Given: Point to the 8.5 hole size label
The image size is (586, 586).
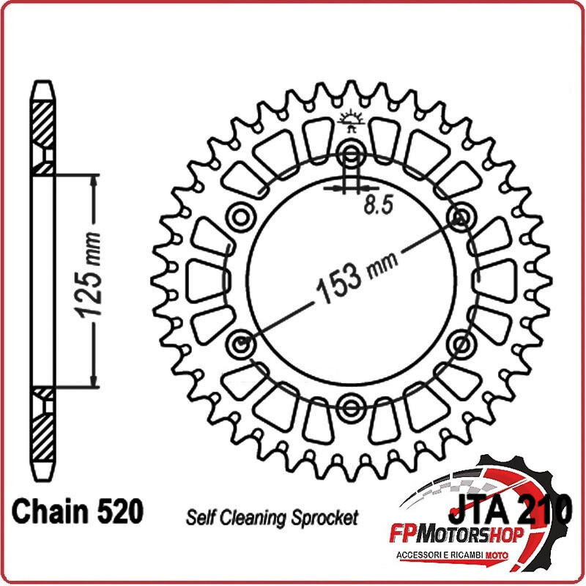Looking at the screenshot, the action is coord(379,205).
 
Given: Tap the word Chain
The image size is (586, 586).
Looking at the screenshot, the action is coord(48,511).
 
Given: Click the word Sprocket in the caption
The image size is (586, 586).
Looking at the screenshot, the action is coord(324,518).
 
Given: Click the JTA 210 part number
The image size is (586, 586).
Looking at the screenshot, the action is coord(510,508).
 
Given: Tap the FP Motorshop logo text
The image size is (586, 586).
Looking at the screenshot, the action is coord(456,536).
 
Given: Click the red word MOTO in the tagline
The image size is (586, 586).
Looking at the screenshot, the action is coord(497,555).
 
